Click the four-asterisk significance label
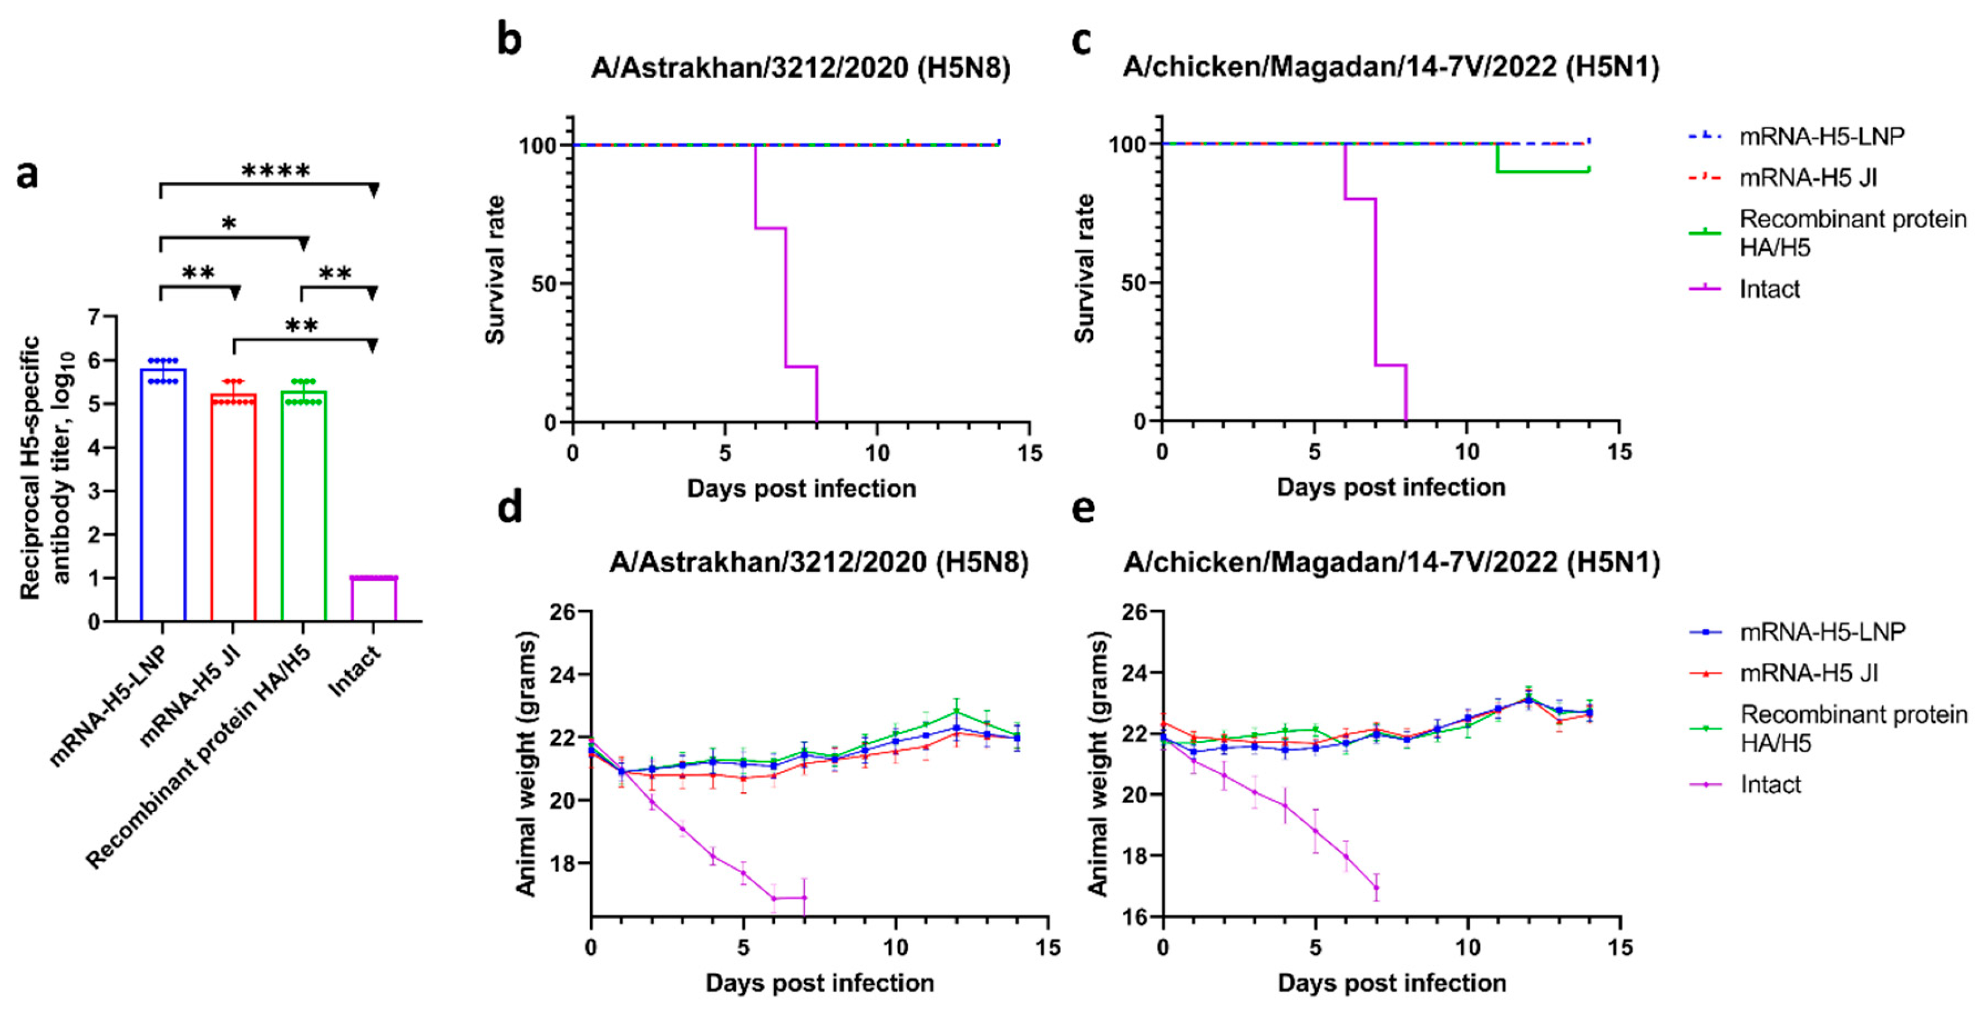coord(275,170)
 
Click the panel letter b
coord(509,38)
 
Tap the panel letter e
coord(1083,509)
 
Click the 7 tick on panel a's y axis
coord(94,317)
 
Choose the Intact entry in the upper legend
coord(1769,289)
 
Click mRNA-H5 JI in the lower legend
coord(1808,673)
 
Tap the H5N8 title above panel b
coord(801,68)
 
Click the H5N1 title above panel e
coord(1391,563)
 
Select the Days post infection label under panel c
coord(1391,487)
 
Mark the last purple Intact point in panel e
coord(1376,887)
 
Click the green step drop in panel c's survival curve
coord(1497,159)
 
